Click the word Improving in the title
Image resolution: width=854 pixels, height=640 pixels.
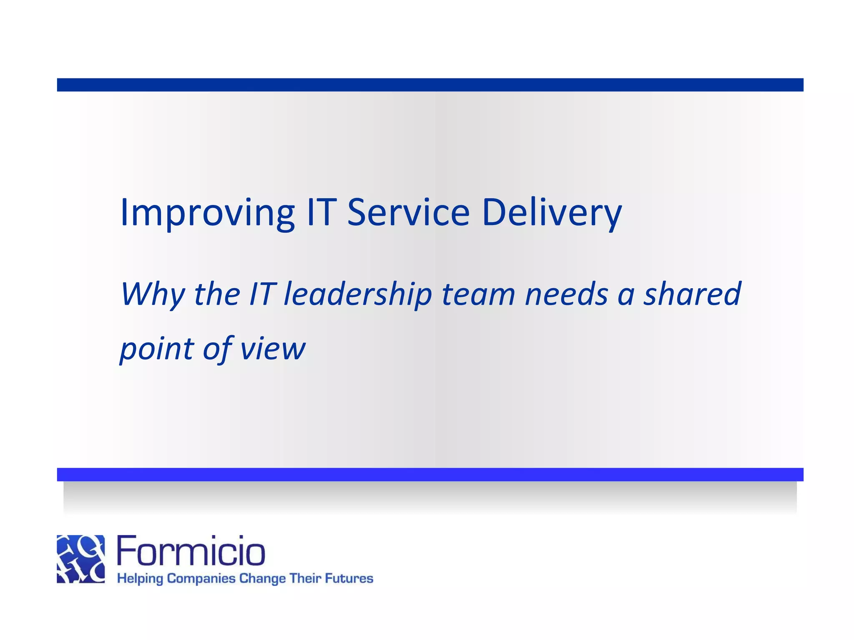click(207, 213)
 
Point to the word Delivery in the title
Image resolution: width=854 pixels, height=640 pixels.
click(551, 213)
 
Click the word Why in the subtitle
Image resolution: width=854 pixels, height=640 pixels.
click(152, 294)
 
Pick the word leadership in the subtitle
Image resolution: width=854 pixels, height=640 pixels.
click(357, 294)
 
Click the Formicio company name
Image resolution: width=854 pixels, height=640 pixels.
click(191, 551)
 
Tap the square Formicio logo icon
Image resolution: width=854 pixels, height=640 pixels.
click(81, 559)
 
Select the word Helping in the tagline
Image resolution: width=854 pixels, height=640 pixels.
click(140, 579)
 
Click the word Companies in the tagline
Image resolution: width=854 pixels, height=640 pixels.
click(201, 579)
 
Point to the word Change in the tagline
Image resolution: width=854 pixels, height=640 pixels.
click(262, 579)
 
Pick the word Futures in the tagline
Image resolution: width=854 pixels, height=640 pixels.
click(349, 578)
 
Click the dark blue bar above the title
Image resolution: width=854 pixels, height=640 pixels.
click(430, 85)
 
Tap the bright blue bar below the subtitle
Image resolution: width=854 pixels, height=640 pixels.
click(430, 474)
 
